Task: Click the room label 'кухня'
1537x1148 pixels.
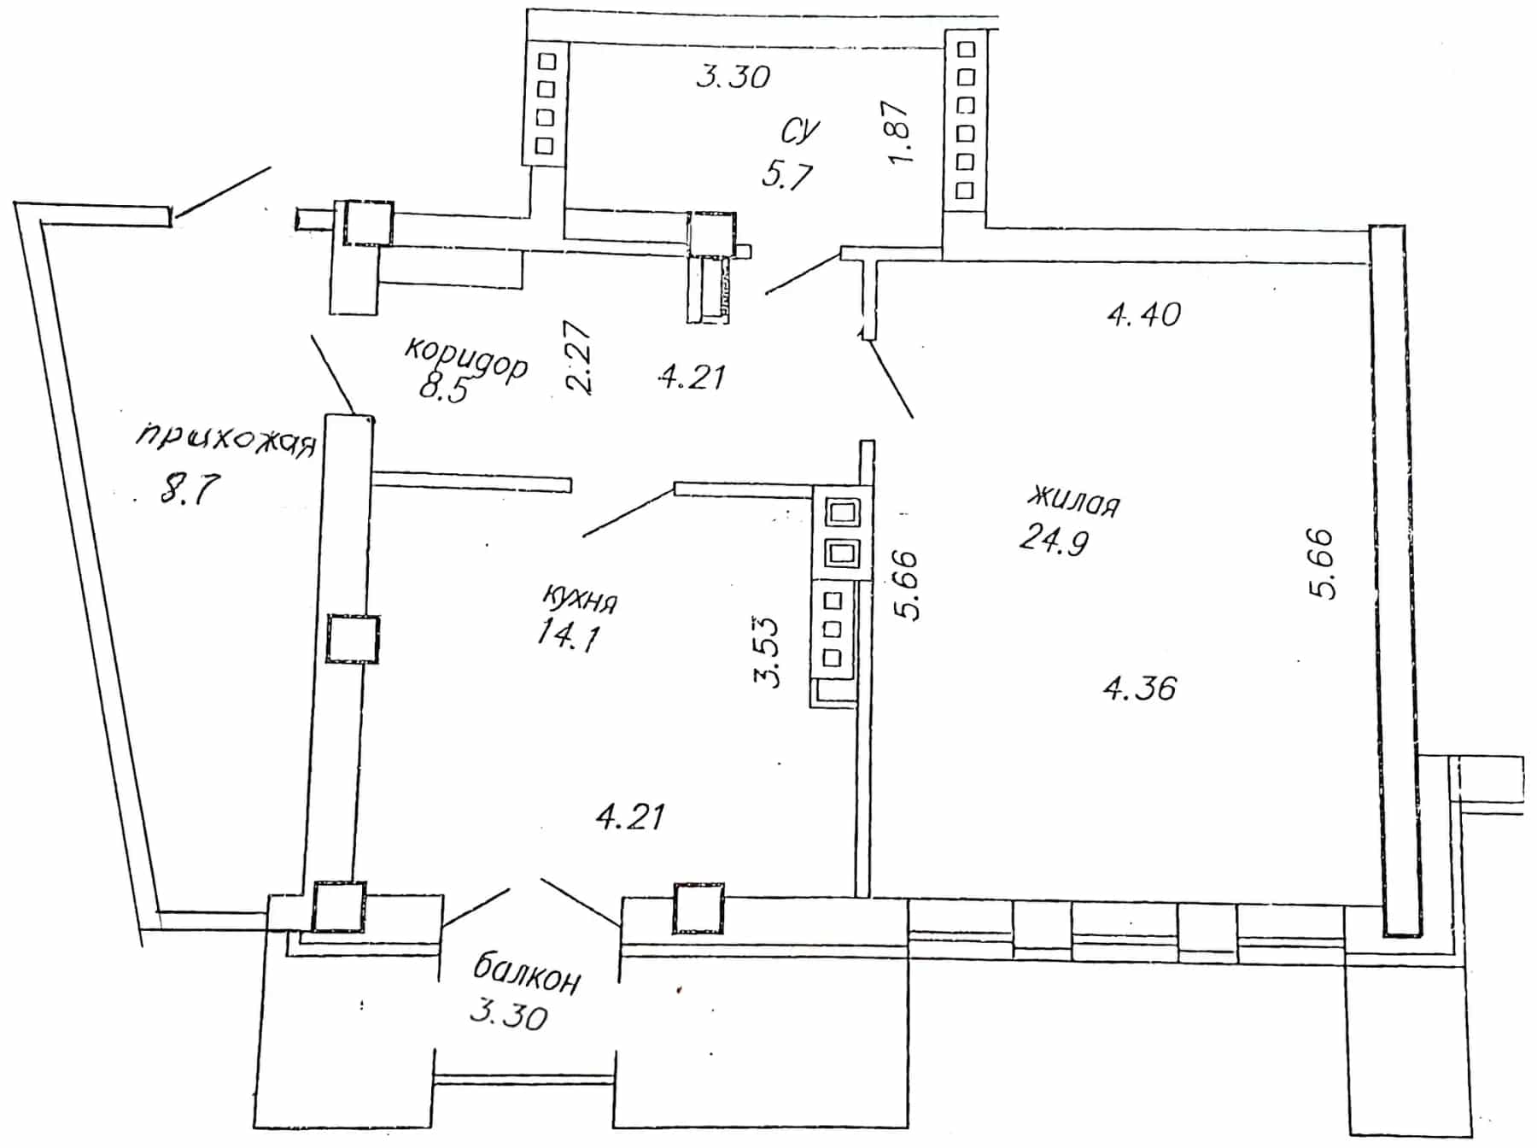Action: [580, 598]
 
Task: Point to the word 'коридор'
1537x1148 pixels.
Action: [466, 359]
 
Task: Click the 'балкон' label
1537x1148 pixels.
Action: [527, 975]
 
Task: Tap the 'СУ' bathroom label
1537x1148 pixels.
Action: [800, 131]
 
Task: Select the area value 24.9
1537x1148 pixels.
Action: [1054, 540]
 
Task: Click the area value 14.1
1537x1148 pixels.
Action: [569, 635]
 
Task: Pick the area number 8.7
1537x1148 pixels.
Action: [190, 489]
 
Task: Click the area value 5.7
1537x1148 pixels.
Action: [787, 175]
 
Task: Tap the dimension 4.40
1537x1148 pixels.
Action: [1144, 315]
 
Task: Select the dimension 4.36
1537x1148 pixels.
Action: [1140, 688]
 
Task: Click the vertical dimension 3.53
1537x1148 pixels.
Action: [767, 651]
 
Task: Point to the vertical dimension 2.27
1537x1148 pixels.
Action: [578, 357]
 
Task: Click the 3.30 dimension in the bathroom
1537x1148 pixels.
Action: [733, 76]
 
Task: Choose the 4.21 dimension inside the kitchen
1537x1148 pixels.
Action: [630, 817]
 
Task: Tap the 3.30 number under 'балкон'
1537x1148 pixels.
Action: [509, 1015]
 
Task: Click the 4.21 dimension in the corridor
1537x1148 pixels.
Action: [692, 376]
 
